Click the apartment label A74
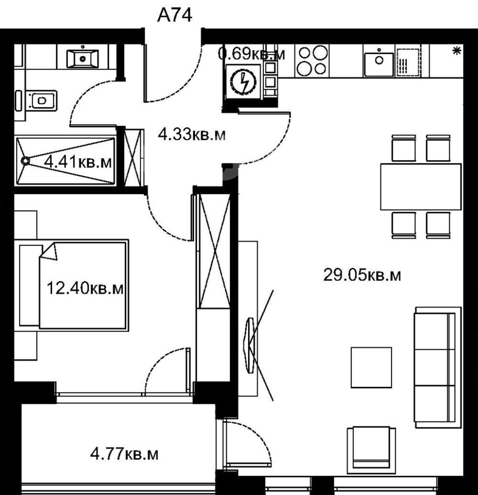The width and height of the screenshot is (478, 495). coord(174,15)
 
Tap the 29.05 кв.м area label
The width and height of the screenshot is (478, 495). coord(362,275)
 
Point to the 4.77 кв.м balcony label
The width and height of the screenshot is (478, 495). coord(124,454)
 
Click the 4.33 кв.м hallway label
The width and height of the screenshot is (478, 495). coord(192,135)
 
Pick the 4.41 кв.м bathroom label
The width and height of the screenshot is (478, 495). coord(78,162)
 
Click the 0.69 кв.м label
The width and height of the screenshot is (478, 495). coord(251,53)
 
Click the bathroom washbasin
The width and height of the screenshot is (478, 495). coord(83,58)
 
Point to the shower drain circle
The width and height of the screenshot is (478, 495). coord(25,161)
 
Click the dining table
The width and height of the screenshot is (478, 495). coord(421,186)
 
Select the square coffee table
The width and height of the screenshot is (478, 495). coord(371,367)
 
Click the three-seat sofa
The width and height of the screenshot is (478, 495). coord(438,367)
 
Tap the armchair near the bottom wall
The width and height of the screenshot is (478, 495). coord(371,450)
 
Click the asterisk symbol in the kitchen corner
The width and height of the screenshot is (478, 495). coord(457,51)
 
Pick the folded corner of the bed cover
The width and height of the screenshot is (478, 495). coord(49,251)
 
